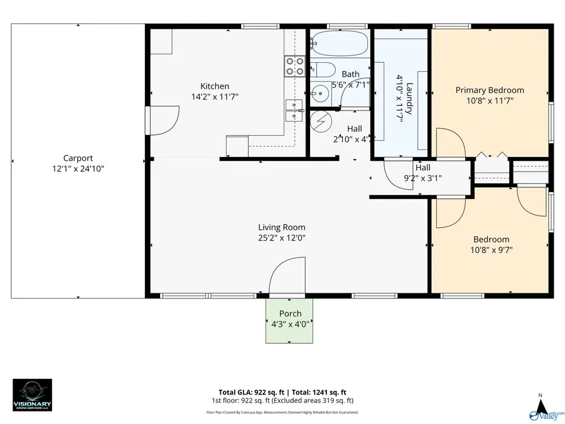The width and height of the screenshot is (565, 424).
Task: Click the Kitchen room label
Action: pos(214,86)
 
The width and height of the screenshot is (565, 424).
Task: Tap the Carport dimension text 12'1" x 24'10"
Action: pos(78,169)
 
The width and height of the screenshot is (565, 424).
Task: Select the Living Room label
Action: pos(282,227)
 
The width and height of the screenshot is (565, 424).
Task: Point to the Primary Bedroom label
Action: pos(489,90)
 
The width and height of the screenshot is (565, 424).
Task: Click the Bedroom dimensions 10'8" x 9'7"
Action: pos(491,250)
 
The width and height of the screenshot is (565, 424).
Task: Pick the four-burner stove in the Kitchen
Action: pos(294,66)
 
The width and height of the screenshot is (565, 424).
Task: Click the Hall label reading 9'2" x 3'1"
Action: pos(422,173)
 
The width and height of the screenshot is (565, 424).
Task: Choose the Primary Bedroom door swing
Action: pos(449,143)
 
